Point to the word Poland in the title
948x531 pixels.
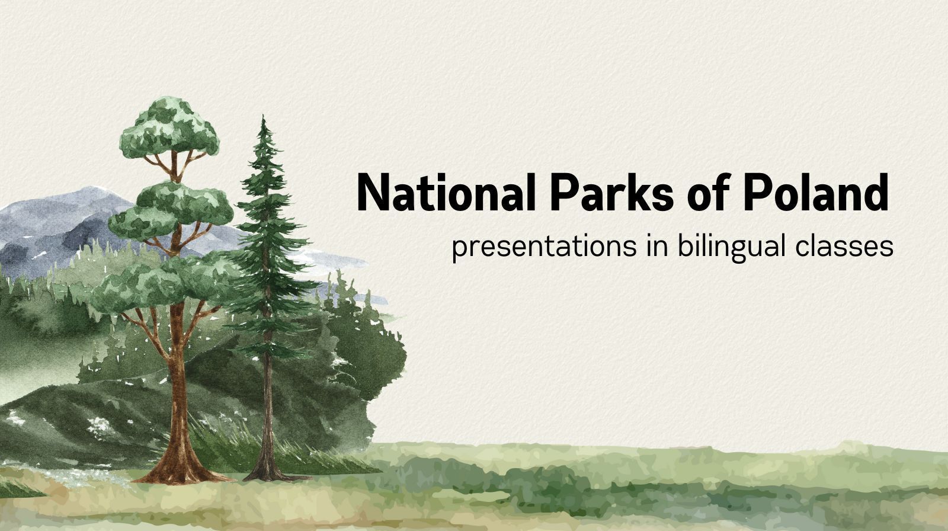[x=816, y=192]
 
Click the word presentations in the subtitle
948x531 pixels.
[x=545, y=247]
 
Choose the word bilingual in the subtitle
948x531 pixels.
[x=732, y=247]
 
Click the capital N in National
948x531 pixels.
[x=373, y=192]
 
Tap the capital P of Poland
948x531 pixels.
[x=758, y=192]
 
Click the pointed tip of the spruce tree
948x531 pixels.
[x=263, y=116]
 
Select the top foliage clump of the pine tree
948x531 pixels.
[x=169, y=126]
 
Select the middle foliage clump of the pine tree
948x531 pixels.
[x=171, y=211]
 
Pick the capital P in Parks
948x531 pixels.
[x=565, y=192]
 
